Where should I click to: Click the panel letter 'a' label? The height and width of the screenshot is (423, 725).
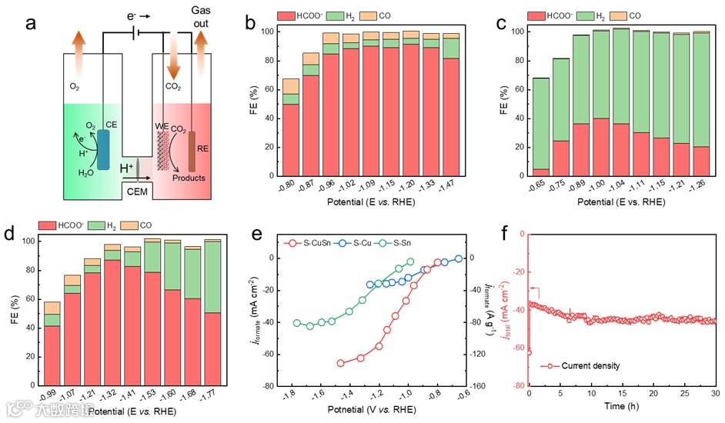32,22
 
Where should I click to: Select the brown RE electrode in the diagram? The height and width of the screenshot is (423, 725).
192,151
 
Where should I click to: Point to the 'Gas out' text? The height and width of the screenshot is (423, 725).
202,15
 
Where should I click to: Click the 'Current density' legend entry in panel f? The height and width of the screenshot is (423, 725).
583,365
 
